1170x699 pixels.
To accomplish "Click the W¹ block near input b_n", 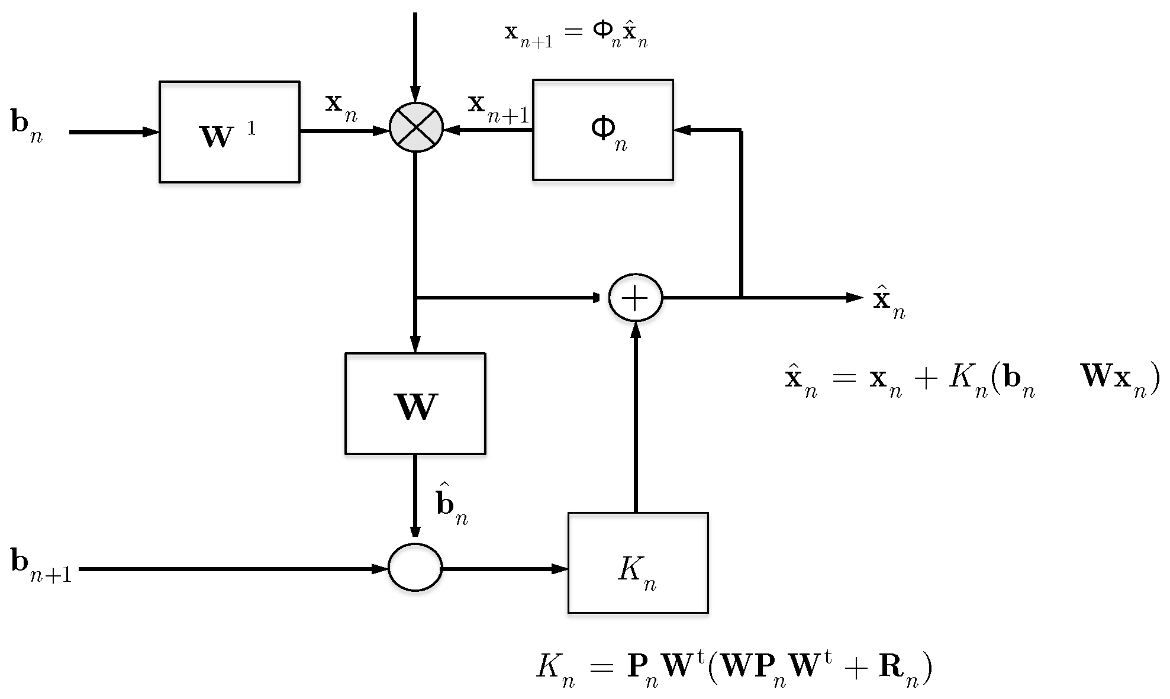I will pos(229,131).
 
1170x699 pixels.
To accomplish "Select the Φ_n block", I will pos(602,130).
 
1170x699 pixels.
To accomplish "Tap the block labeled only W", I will pos(415,404).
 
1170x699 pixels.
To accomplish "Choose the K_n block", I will pos(637,562).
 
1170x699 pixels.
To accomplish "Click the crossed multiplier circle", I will pos(416,127).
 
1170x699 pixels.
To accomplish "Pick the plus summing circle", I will pos(636,298).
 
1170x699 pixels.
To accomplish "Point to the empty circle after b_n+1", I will pos(415,567).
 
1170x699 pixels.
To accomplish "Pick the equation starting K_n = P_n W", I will pos(734,670).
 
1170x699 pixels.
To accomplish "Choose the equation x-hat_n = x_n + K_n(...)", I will pos(971,382).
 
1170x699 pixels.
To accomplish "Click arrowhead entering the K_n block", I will pos(560,569).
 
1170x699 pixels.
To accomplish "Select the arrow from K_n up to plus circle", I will pos(636,414).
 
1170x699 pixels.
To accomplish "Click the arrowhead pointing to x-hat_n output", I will pos(855,298).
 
